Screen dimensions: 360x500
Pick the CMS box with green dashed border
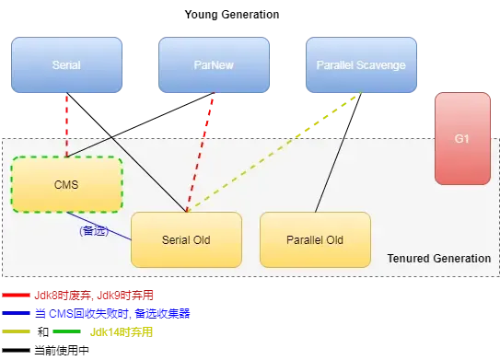[66, 184]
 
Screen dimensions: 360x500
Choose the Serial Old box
[186, 239]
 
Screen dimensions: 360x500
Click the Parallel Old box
[315, 239]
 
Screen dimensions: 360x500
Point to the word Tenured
[410, 259]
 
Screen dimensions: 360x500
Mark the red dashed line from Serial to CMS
[66, 124]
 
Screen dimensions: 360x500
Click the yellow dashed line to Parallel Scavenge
[276, 157]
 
